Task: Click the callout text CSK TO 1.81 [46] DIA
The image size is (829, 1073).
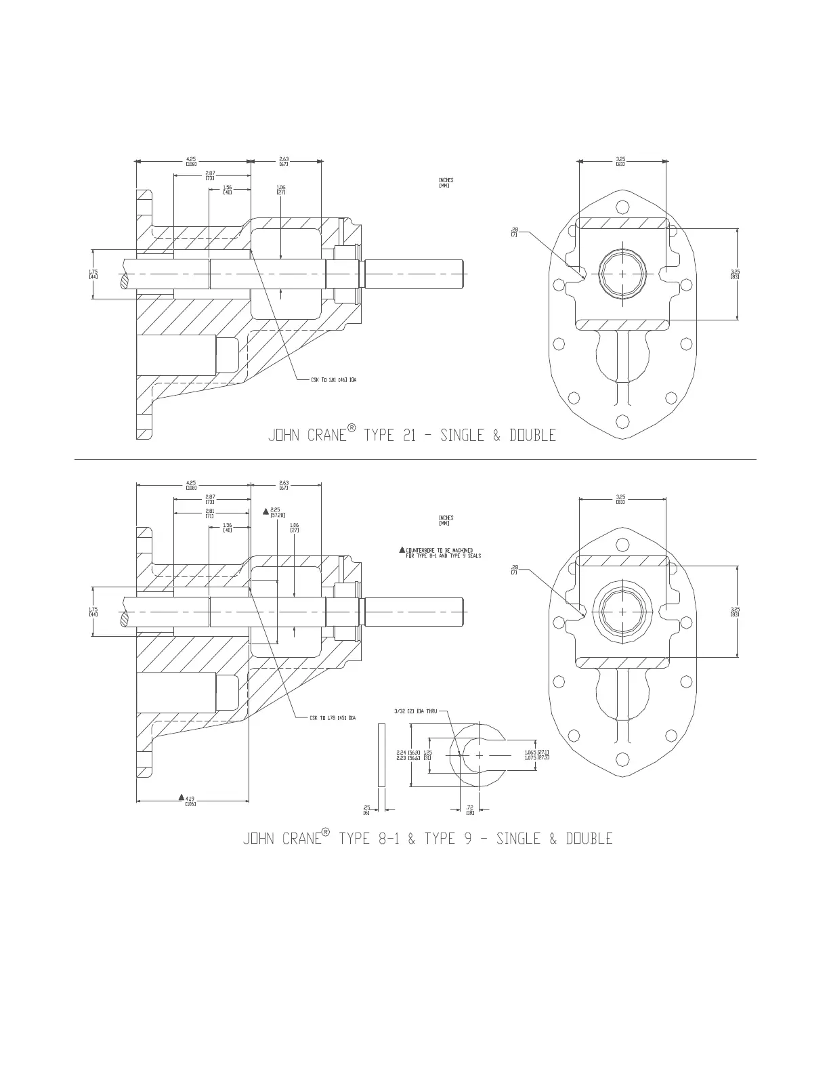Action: (x=333, y=380)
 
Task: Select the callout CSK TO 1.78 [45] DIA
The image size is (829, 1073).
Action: (x=333, y=717)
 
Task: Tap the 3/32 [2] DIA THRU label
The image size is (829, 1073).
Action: (x=416, y=711)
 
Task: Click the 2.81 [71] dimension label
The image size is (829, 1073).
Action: (x=210, y=513)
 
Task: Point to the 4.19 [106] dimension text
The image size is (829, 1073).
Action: (x=190, y=801)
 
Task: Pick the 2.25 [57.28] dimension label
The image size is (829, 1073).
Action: (x=276, y=512)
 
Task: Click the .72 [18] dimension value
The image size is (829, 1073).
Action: (x=469, y=809)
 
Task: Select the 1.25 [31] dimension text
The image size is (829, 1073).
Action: (x=427, y=755)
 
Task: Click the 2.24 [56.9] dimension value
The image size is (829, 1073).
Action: (x=408, y=752)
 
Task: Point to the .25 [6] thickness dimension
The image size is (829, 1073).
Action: (x=366, y=809)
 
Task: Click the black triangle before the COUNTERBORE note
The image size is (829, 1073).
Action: (x=402, y=549)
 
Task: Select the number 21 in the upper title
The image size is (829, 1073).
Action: (x=408, y=436)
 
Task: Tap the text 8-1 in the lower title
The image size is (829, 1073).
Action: (x=386, y=839)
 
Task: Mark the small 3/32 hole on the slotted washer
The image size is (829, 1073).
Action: (x=459, y=753)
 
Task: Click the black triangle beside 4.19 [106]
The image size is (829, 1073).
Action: (x=181, y=797)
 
